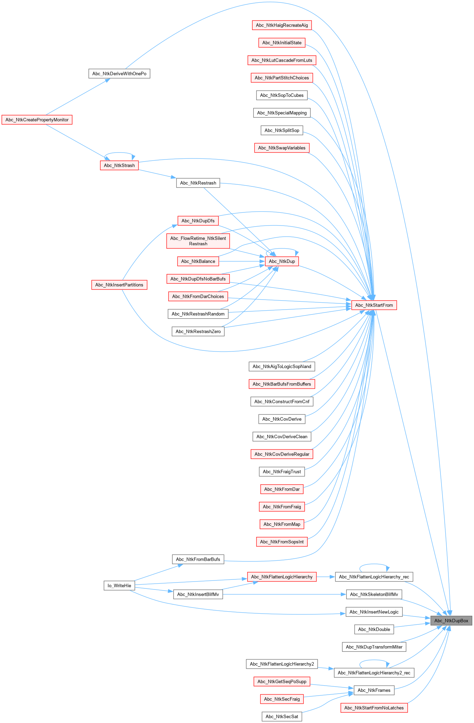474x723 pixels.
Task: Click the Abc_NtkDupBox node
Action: tap(451, 621)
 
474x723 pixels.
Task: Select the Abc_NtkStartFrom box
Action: tap(374, 305)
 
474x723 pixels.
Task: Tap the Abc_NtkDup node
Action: tap(282, 261)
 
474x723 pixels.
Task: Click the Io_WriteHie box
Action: tap(119, 586)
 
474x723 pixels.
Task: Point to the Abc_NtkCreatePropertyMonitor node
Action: tap(37, 120)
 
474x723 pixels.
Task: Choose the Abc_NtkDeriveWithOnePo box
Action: tap(119, 74)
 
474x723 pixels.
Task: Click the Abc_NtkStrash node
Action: tap(119, 165)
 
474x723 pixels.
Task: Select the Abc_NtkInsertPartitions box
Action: tap(119, 285)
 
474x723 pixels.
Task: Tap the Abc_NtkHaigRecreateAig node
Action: tap(282, 25)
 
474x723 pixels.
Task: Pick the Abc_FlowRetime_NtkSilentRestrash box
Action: tap(198, 241)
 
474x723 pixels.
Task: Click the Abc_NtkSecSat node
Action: tap(282, 716)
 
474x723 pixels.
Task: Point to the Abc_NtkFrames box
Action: tap(374, 690)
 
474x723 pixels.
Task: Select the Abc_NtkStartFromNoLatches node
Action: tap(374, 708)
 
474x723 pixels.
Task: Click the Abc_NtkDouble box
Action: tap(374, 629)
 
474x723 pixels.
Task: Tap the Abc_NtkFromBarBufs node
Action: tap(198, 559)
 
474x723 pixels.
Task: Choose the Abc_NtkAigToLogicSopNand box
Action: tap(282, 366)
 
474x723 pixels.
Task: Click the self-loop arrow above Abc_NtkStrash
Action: tap(119, 153)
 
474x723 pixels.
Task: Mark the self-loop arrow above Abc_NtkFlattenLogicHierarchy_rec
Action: tap(374, 564)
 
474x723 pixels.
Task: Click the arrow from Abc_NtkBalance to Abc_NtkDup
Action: tap(242, 261)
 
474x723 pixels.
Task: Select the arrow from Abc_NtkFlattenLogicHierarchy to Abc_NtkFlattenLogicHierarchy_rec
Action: tap(326, 577)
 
